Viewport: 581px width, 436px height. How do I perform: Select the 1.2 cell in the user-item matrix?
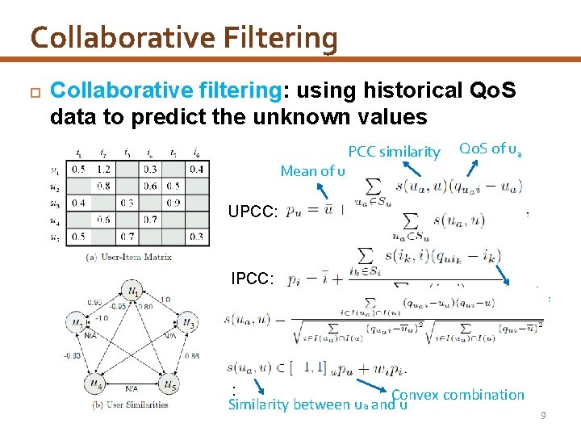click(x=102, y=169)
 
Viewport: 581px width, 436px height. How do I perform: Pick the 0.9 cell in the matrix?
click(x=173, y=203)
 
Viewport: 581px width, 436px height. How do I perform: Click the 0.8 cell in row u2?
click(x=102, y=186)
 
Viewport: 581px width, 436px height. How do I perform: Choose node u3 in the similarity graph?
click(x=189, y=321)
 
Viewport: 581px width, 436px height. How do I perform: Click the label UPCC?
click(x=253, y=212)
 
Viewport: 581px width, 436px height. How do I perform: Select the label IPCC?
click(x=253, y=279)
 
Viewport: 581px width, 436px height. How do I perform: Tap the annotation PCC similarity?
click(x=394, y=152)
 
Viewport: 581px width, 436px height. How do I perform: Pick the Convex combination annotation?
click(x=458, y=395)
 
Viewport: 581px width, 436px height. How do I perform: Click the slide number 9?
click(x=543, y=415)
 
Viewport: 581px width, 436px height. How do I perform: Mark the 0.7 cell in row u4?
click(x=149, y=220)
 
